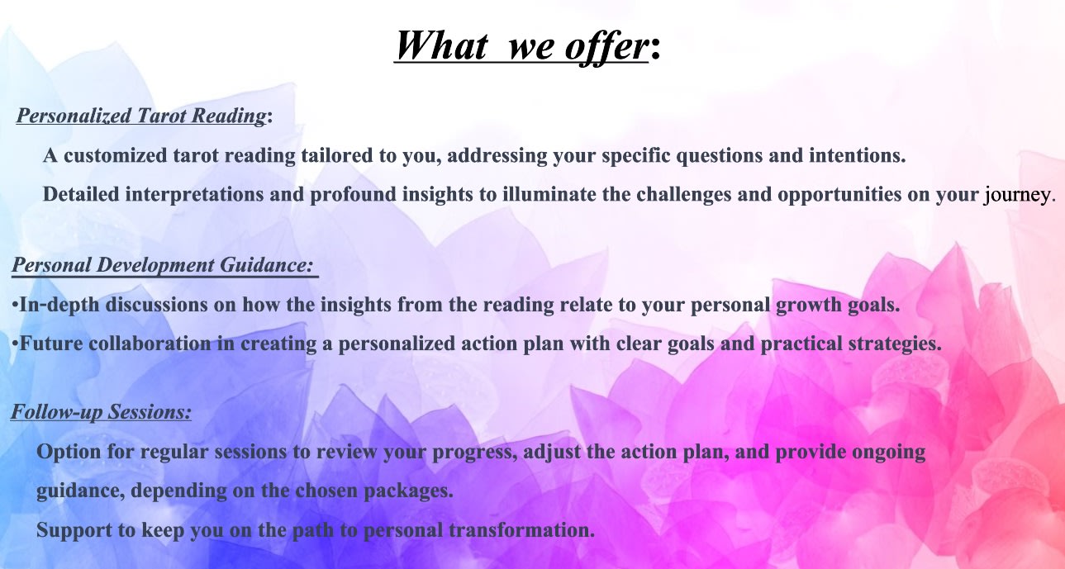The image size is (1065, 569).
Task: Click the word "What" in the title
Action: click(440, 45)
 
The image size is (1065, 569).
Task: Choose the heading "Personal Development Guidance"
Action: click(162, 266)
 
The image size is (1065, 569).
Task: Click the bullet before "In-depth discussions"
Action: click(15, 305)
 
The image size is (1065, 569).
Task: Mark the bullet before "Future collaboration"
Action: click(15, 344)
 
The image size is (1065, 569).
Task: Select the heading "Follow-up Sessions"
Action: click(101, 411)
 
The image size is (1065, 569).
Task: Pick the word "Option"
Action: click(66, 453)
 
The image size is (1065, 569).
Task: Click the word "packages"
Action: click(411, 491)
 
